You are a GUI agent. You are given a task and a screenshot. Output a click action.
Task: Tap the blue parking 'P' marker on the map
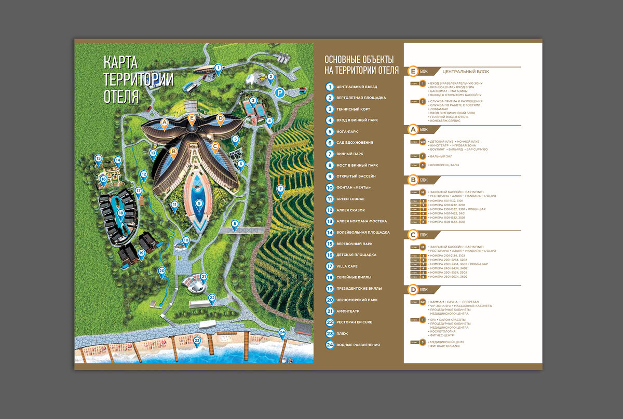click(280, 93)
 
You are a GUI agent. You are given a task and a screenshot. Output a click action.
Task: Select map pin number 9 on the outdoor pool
click(199, 203)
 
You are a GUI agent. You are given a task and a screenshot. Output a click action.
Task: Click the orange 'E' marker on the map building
click(192, 118)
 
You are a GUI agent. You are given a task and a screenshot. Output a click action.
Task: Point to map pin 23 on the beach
click(197, 341)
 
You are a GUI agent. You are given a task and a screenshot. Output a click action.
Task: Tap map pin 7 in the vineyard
click(280, 188)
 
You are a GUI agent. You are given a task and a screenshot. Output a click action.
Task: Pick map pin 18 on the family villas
click(121, 213)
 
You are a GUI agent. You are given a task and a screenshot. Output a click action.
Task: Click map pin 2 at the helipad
click(270, 76)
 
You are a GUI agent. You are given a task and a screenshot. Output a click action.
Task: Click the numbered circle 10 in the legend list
click(330, 187)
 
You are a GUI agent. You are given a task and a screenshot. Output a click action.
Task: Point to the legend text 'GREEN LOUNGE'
click(350, 199)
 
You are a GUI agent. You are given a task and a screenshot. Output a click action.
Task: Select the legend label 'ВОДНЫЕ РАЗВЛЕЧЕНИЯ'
click(358, 345)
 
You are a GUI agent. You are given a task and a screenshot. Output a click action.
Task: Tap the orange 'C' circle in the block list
click(413, 235)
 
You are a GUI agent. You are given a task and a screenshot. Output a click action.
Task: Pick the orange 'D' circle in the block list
click(413, 289)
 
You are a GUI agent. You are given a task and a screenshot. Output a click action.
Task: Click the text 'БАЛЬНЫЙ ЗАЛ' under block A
click(441, 156)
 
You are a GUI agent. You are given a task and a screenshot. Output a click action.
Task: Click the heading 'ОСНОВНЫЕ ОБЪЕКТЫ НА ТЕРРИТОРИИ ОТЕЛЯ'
click(361, 64)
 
